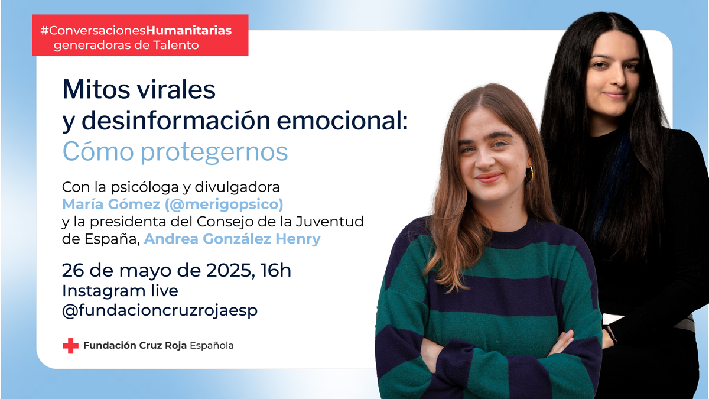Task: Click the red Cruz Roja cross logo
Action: click(70, 346)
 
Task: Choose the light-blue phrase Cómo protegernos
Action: click(175, 151)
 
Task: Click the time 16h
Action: click(276, 271)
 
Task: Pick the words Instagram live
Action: click(120, 291)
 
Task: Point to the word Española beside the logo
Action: click(212, 346)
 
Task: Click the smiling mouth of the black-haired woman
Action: click(615, 94)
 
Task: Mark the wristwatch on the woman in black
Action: click(609, 335)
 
